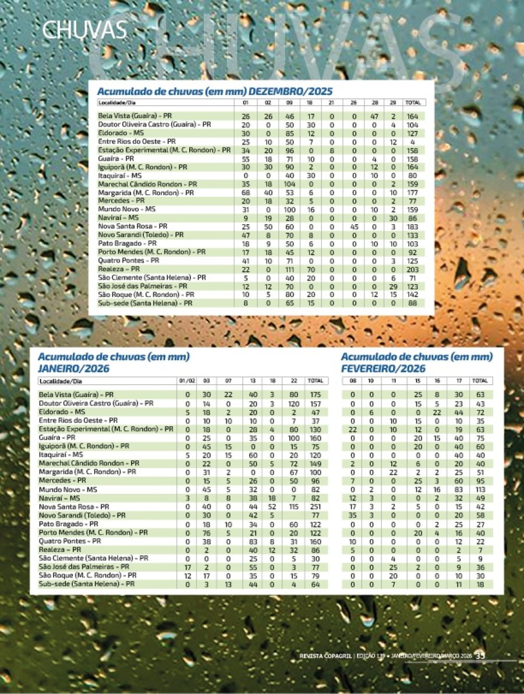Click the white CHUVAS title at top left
(85, 29)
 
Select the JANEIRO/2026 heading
(73, 369)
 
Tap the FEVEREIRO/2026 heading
(383, 369)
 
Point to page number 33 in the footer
(480, 655)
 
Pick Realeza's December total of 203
(413, 270)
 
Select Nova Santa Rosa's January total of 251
(316, 507)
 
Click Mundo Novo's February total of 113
(480, 491)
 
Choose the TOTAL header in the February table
(480, 381)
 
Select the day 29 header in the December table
(393, 102)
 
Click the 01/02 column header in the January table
(187, 381)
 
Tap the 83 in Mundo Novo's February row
(459, 491)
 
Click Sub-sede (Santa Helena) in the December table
(145, 303)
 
